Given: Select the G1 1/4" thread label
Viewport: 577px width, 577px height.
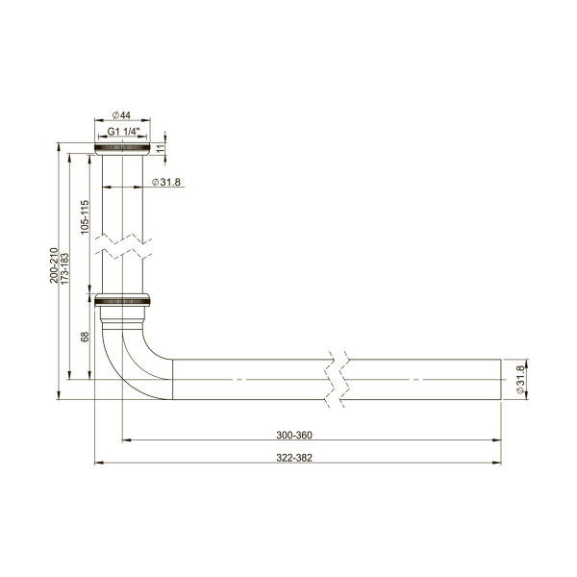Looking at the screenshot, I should pos(122,131).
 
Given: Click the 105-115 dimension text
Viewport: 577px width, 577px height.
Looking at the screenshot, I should pos(85,218).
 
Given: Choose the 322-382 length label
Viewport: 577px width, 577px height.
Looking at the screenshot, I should pos(299,456).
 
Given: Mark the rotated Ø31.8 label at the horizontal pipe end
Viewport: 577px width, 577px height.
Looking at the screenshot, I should pos(520,380).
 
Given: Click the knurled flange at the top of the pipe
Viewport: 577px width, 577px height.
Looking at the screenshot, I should pos(122,148).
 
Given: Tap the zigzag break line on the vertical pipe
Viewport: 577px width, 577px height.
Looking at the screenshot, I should pos(122,244).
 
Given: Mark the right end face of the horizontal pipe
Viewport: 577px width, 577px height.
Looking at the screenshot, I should pos(501,380).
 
